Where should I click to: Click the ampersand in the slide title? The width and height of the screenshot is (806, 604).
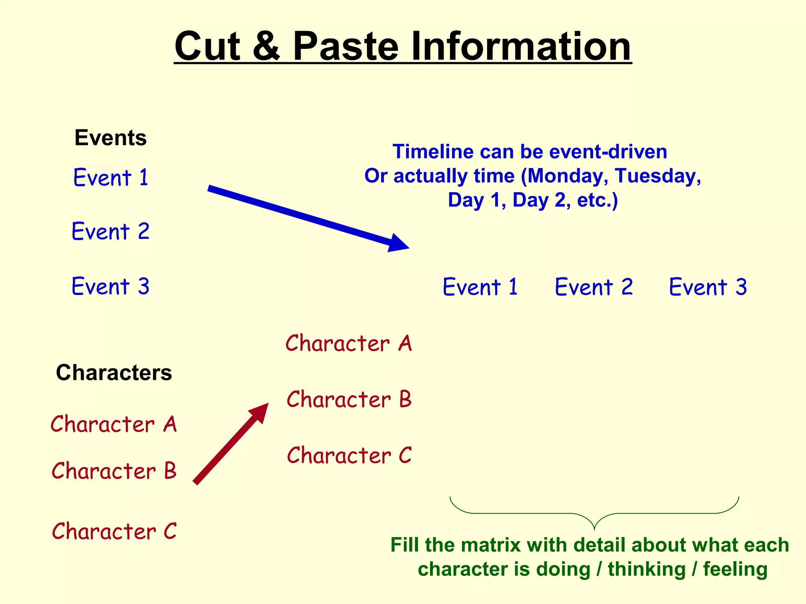266,46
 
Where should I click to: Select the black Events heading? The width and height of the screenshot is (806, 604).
111,138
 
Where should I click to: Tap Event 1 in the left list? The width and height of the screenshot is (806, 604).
111,177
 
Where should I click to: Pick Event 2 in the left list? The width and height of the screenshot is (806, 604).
111,231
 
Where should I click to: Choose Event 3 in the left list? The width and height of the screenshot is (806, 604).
111,286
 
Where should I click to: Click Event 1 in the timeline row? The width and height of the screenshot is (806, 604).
480,287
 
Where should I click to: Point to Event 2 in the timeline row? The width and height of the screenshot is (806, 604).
594,287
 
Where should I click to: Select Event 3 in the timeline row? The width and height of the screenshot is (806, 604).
708,287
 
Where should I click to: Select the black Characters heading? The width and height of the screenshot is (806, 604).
114,372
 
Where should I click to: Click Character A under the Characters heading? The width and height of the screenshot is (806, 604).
114,424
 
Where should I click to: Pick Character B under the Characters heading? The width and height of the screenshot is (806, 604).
114,471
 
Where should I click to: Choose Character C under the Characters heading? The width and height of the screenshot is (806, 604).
114,531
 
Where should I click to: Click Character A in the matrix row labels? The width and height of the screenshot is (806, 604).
348,343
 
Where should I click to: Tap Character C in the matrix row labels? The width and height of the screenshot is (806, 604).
349,455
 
